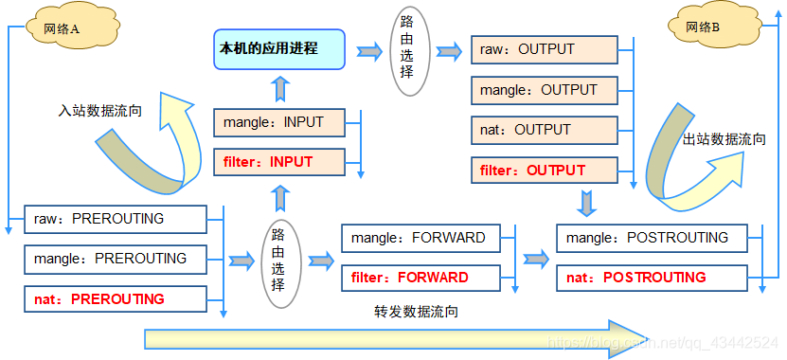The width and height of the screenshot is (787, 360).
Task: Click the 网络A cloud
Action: [60, 28]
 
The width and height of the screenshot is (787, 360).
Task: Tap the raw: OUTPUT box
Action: [545, 50]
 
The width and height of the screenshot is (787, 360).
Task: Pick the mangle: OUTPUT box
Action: [545, 90]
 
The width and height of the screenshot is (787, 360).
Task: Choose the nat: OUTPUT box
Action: [545, 130]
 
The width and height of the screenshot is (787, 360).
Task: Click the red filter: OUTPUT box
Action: [545, 171]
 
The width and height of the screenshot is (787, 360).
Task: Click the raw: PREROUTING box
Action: [114, 219]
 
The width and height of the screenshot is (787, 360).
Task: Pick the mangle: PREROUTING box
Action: [114, 259]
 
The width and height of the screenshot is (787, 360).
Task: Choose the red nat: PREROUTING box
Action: [114, 299]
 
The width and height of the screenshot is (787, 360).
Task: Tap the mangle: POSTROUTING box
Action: [652, 238]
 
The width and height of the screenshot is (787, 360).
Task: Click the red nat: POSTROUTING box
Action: [652, 278]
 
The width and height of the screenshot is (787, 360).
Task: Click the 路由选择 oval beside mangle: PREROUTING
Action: [277, 260]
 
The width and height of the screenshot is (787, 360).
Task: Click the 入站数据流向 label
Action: [99, 110]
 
